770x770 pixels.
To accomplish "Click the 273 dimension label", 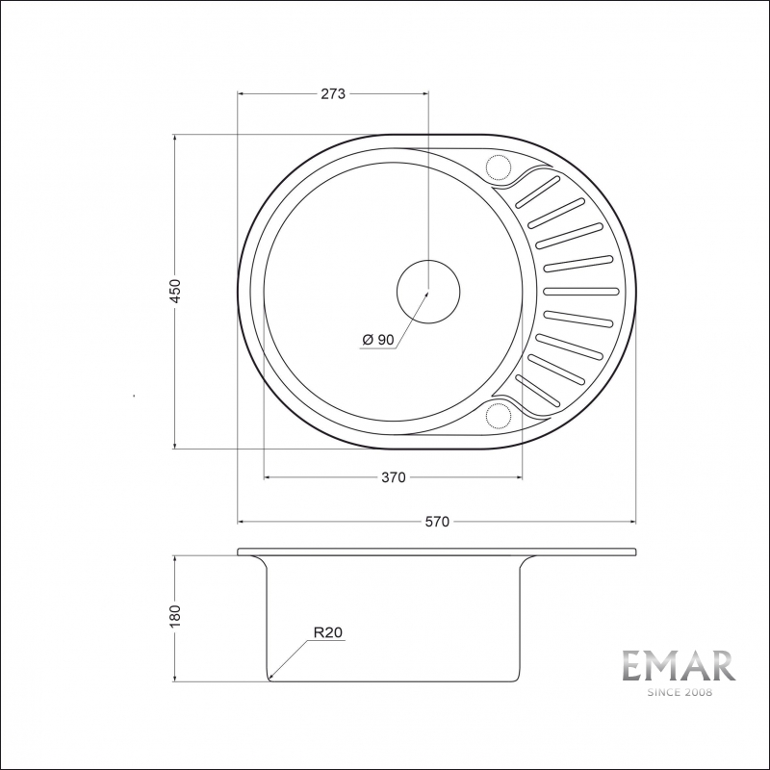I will click(332, 93).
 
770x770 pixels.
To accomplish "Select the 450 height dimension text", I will click(175, 292).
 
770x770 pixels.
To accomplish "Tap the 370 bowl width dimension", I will click(393, 476).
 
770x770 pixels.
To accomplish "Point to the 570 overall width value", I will click(437, 522).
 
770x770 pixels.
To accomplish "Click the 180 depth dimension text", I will click(175, 617).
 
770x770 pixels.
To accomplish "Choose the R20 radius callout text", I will click(327, 632).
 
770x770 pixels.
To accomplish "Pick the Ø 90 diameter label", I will click(378, 339).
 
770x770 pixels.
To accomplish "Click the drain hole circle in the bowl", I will click(428, 290).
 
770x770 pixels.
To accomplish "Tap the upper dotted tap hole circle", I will click(500, 167).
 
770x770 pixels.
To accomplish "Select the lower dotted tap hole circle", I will click(500, 415).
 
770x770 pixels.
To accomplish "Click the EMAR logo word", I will click(678, 666).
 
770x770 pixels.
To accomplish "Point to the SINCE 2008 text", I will click(678, 692).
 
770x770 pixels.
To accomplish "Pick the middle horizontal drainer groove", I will click(581, 290).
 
